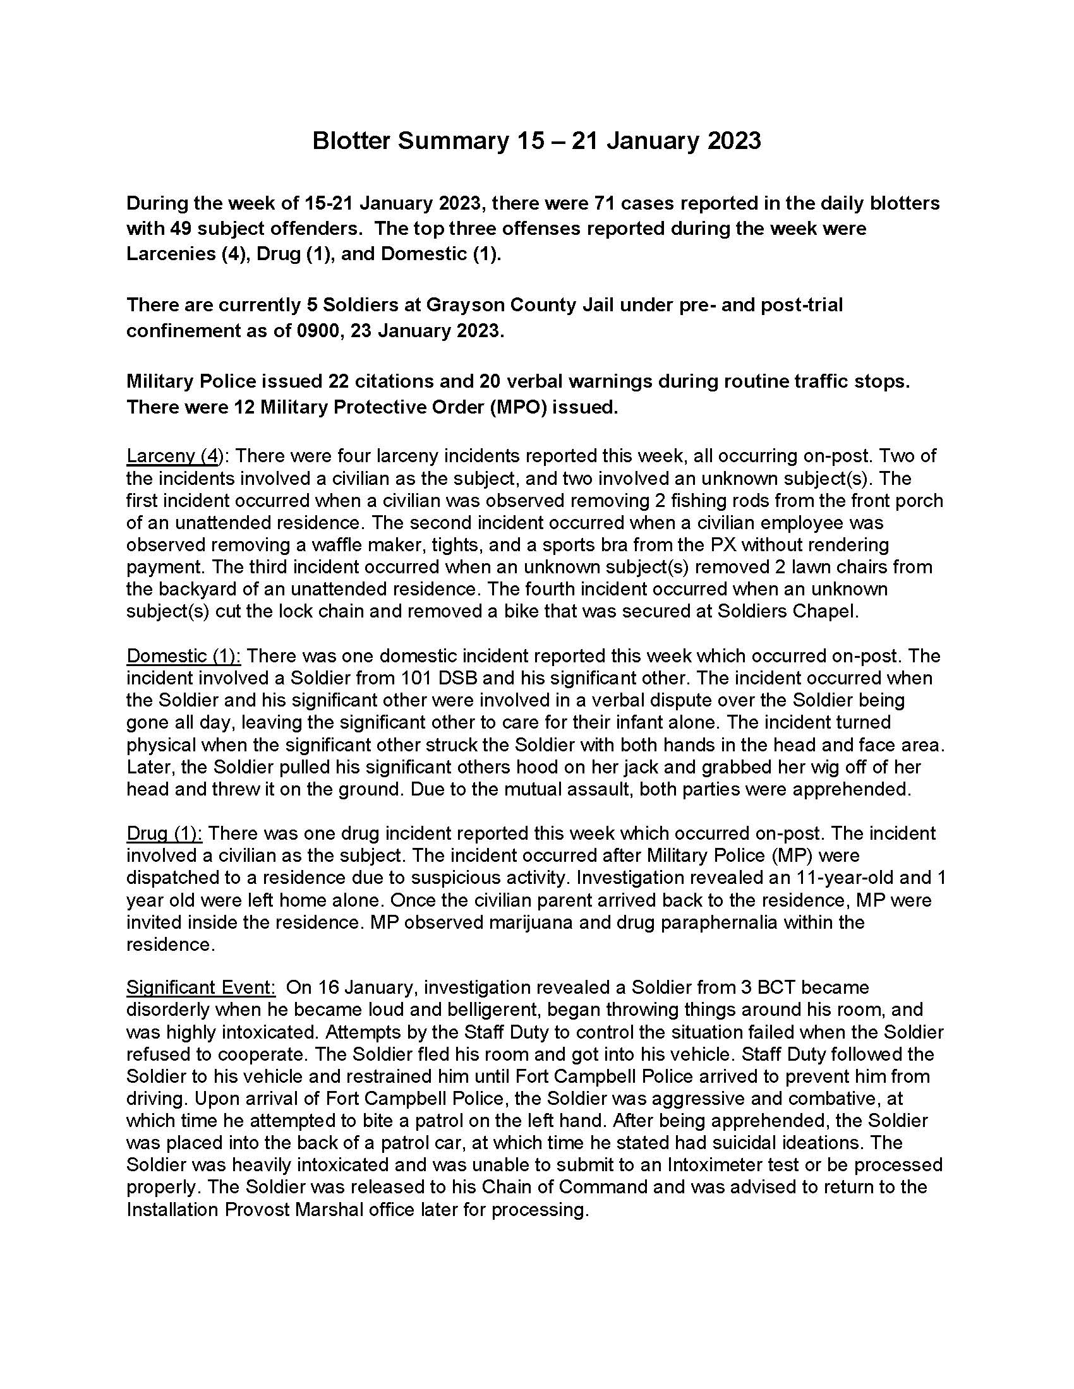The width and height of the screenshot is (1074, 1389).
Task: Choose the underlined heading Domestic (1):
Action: pos(184,656)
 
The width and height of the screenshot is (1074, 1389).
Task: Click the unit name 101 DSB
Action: pos(442,678)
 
